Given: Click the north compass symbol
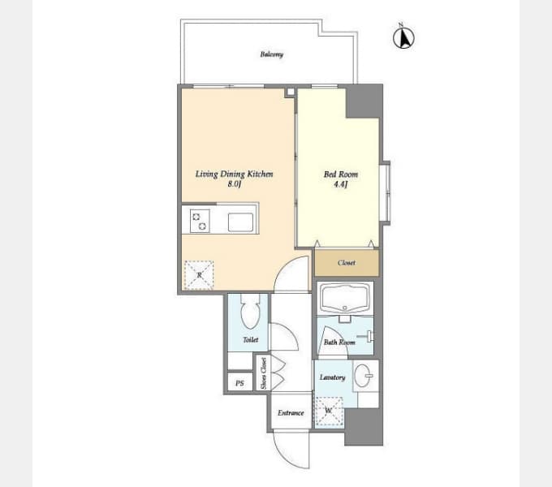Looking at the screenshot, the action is (403, 37).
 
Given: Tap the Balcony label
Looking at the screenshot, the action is (271, 54).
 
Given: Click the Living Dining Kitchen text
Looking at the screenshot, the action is (234, 174).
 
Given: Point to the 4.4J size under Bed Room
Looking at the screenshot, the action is (340, 183).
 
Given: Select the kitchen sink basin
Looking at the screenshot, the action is (240, 222).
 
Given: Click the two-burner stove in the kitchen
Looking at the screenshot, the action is (200, 222).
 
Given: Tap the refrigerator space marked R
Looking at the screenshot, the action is (199, 275).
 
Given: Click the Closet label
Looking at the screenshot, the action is (347, 262).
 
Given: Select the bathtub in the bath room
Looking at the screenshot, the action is (345, 298).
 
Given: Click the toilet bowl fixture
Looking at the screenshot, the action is (250, 311).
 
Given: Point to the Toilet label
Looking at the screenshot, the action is (250, 339).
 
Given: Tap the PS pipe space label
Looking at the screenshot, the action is (239, 383).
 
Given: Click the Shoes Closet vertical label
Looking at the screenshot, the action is (264, 373).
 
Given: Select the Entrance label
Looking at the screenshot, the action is (291, 413).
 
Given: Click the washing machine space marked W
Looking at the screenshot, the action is (329, 412).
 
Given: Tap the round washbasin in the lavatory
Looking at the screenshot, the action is (363, 375).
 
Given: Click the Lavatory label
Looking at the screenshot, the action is (332, 377).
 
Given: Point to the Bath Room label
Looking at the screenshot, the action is (339, 342).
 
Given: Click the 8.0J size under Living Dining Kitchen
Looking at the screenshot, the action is (234, 183).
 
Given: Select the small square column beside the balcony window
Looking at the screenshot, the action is (291, 92).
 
